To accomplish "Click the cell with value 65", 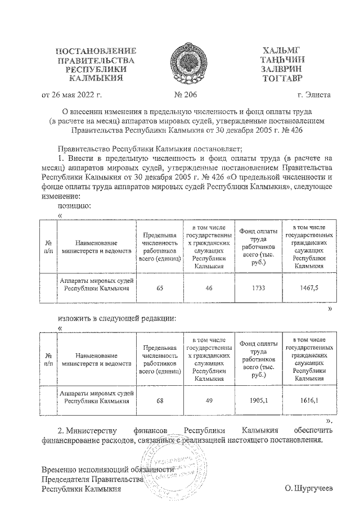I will [x=160, y=287].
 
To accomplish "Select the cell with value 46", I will [x=209, y=287].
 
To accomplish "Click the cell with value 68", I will [x=160, y=401].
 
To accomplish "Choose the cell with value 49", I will [x=209, y=401].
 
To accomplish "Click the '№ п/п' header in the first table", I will [x=48, y=246].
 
